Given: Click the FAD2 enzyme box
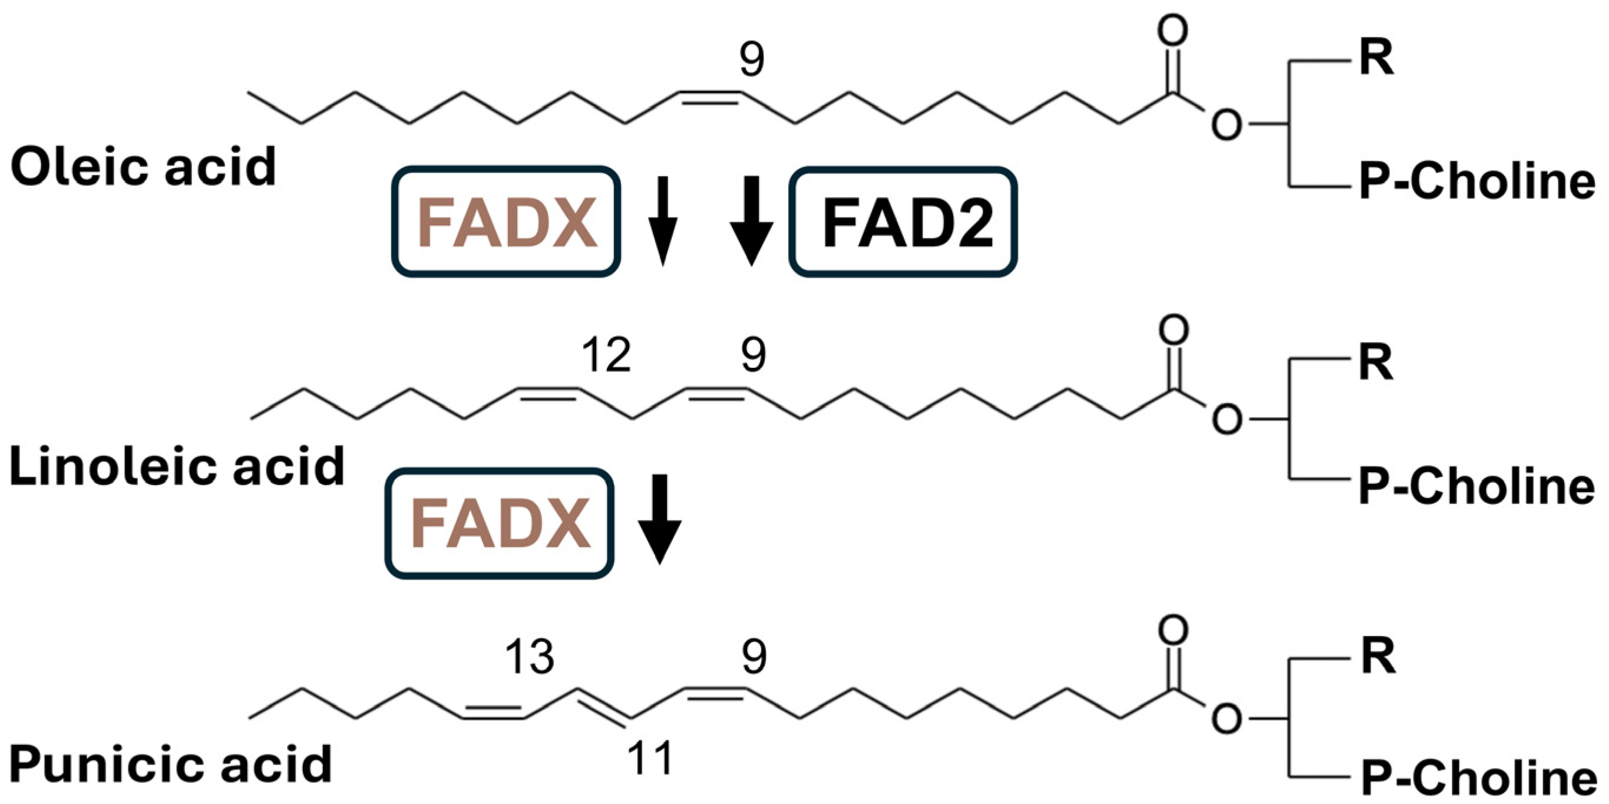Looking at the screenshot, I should click(903, 222).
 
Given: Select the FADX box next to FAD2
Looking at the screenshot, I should click(506, 222).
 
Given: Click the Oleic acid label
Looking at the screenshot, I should click(143, 167).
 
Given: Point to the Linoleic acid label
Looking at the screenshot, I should click(177, 466).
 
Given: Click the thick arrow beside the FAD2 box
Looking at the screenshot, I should click(751, 220).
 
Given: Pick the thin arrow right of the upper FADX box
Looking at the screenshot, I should click(663, 220).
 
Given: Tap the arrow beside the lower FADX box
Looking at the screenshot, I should click(660, 519).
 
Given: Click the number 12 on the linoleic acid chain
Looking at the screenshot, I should click(606, 355).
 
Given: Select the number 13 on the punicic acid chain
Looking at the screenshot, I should click(529, 657).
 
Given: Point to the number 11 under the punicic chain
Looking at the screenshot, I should click(650, 758).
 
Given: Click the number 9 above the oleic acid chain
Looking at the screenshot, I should click(751, 60).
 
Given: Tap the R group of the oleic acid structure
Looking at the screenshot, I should click(1376, 58).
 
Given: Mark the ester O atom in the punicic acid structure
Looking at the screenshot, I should click(1227, 719).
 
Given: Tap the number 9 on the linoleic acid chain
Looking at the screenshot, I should click(754, 355).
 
